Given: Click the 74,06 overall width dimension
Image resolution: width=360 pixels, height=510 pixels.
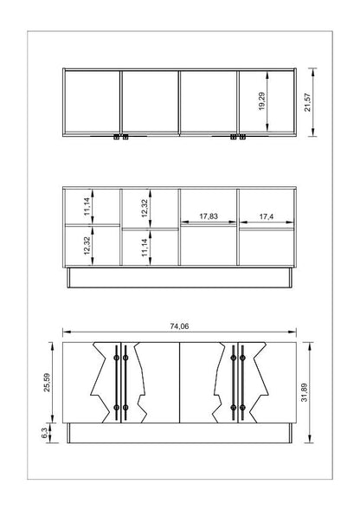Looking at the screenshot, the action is pos(179,326).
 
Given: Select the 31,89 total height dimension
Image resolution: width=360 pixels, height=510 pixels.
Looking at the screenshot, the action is pos(305,392).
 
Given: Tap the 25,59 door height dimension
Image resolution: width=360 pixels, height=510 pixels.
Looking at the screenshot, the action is pos(47,382).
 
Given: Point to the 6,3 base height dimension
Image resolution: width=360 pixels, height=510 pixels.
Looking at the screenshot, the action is pos(44,433).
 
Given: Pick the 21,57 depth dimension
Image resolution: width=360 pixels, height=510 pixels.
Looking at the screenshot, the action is pos(307,102).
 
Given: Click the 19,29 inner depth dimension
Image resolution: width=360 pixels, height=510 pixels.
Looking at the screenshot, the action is pos(262,101).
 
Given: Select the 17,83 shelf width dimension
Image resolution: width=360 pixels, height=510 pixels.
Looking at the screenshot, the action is pos(209,216).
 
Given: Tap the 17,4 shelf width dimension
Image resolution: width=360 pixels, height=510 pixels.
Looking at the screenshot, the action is pos(267,216).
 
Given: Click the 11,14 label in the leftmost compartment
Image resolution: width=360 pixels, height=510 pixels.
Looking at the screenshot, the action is pos(87,207).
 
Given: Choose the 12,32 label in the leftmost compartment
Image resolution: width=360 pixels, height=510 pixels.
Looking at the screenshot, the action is pos(87,246).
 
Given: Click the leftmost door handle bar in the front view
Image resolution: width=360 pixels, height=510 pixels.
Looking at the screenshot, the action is pos(117,383).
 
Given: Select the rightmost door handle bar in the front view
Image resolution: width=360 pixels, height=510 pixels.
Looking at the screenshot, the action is pos(242,383).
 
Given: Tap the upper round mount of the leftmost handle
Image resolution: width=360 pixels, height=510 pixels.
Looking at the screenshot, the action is pos(117,358).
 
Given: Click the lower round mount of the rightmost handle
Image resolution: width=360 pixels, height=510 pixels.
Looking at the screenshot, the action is pos(242,407).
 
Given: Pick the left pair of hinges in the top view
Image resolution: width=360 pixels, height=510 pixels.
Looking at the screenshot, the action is pos(120,137).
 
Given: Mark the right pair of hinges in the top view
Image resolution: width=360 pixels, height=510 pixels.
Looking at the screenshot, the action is pos(238,137).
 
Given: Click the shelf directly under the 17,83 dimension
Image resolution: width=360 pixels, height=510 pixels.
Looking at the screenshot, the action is pos(209,225).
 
